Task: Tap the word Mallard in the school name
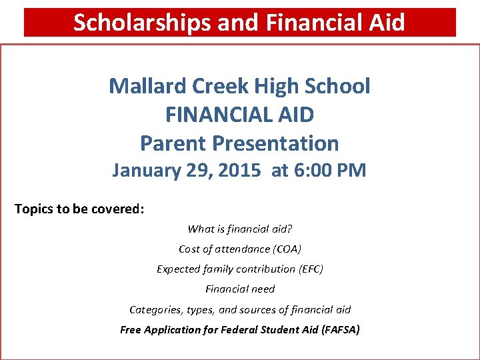[147, 86]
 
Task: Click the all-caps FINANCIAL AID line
[239, 115]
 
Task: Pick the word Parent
[173, 143]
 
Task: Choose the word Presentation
[275, 143]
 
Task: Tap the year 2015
[238, 171]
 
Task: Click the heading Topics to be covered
[79, 209]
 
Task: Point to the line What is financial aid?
[240, 229]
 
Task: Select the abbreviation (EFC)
[302, 269]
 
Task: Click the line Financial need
[240, 289]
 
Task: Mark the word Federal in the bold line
[231, 329]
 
